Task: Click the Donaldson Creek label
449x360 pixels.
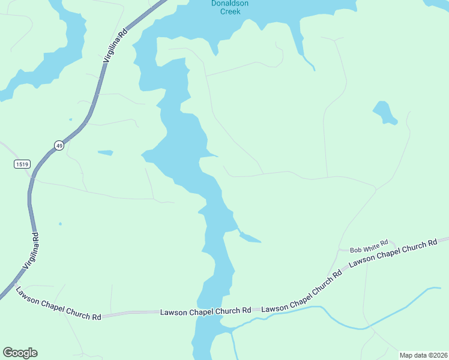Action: [229, 7]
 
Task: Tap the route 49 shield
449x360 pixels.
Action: [59, 145]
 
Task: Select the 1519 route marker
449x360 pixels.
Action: [22, 164]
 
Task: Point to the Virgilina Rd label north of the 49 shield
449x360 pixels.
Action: [116, 45]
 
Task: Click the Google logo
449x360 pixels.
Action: [20, 353]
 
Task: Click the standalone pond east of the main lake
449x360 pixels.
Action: [384, 113]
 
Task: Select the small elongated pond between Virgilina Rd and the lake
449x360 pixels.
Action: [105, 152]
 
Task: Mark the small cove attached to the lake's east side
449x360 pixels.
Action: [250, 238]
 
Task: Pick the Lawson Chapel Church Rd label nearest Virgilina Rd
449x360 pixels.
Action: [58, 304]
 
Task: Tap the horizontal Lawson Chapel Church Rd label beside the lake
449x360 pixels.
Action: [205, 311]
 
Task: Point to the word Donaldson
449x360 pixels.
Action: [229, 4]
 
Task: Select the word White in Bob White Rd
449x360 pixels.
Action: [370, 248]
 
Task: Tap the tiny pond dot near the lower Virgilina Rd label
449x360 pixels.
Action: [60, 224]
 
